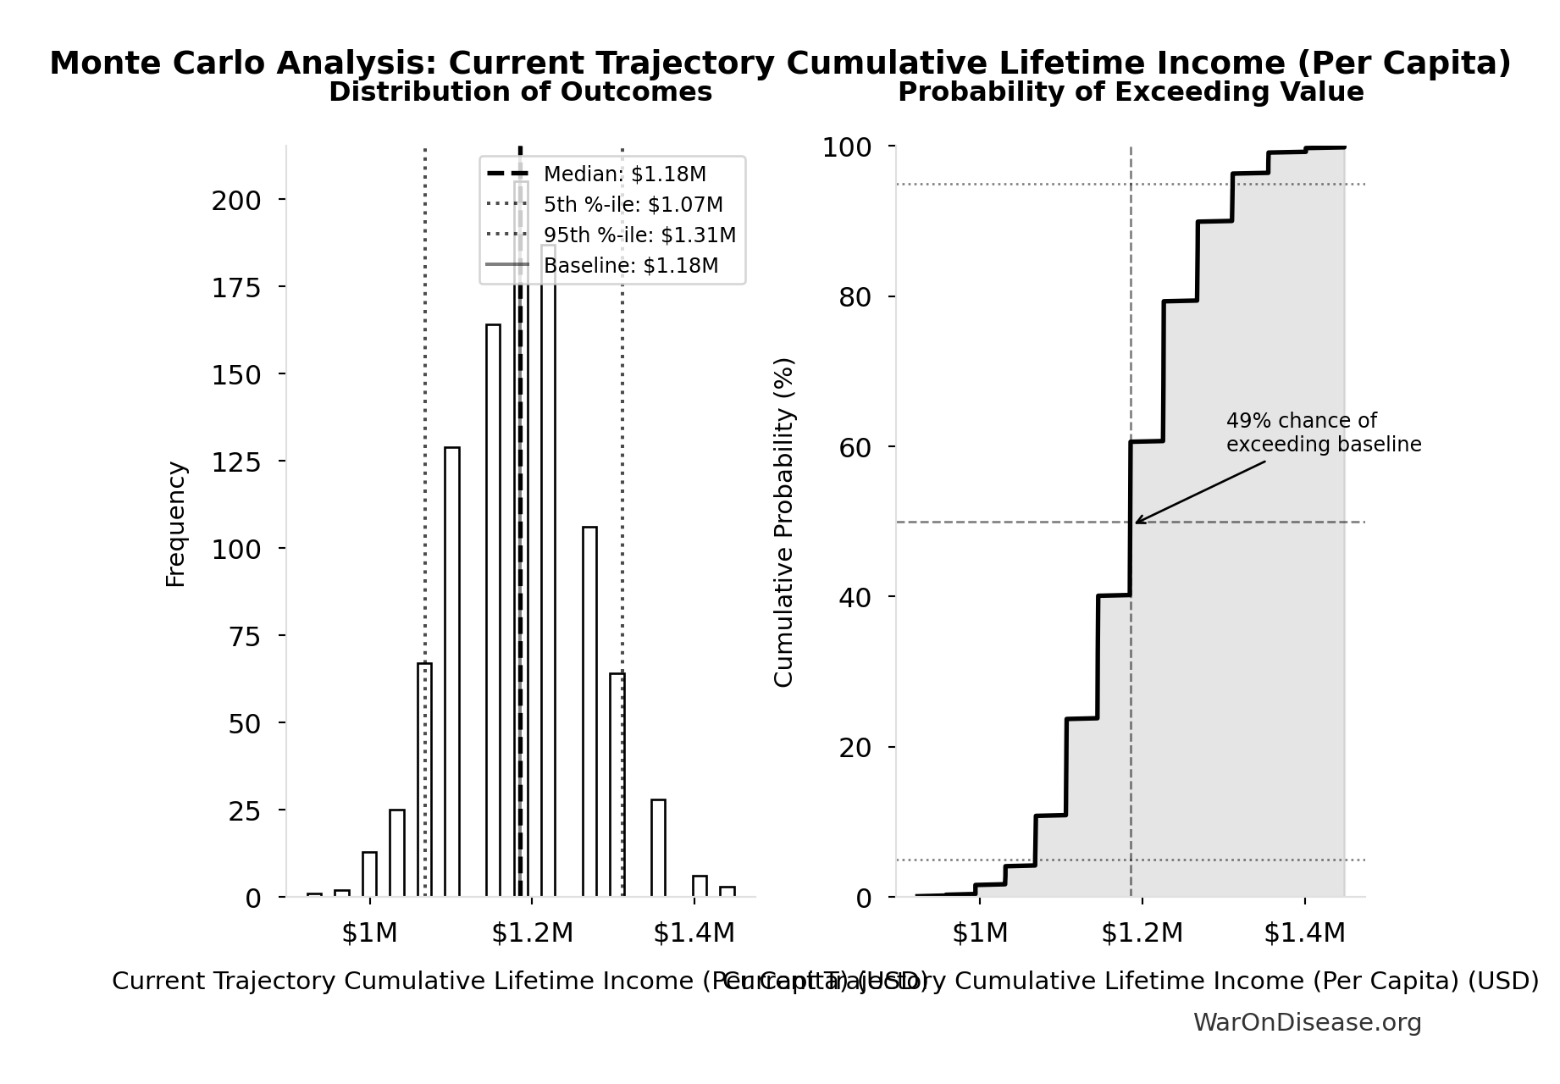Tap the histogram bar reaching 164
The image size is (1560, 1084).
[x=493, y=610]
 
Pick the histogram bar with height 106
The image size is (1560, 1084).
[x=589, y=711]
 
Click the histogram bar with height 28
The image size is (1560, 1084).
[x=658, y=848]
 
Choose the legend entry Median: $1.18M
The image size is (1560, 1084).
[x=624, y=174]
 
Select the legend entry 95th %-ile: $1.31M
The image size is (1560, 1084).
[x=639, y=235]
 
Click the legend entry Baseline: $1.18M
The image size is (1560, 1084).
[x=630, y=266]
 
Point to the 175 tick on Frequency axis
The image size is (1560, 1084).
[x=236, y=288]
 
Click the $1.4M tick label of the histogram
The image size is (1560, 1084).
[x=694, y=933]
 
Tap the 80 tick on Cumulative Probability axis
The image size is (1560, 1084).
[x=855, y=297]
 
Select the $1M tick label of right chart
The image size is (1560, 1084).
[x=980, y=933]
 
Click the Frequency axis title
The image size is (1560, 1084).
[x=175, y=524]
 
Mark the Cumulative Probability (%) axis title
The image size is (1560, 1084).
[x=784, y=522]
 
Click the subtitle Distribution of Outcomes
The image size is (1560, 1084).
[x=520, y=92]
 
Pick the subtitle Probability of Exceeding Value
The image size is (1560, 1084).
[x=1131, y=92]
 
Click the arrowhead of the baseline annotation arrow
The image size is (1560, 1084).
[x=1137, y=522]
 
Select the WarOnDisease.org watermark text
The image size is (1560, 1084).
[x=1307, y=1023]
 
